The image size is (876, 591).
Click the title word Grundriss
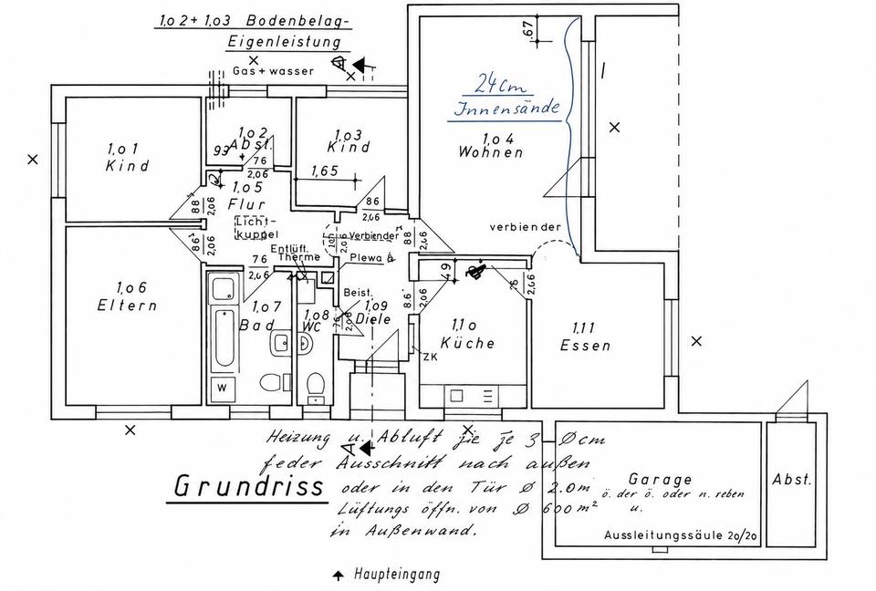coord(248,485)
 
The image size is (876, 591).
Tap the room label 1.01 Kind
coord(127,157)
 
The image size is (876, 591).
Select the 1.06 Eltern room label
coord(127,295)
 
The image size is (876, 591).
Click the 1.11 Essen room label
coord(585,337)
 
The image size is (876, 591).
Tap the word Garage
coord(660,480)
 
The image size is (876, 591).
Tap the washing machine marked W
coord(222,388)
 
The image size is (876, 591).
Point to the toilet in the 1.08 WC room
coord(315,386)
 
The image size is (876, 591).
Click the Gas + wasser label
coord(273,70)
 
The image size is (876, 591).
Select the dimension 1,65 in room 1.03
coord(325,171)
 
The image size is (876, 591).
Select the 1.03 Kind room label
coord(348,140)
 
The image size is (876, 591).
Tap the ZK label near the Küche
coord(430,356)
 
